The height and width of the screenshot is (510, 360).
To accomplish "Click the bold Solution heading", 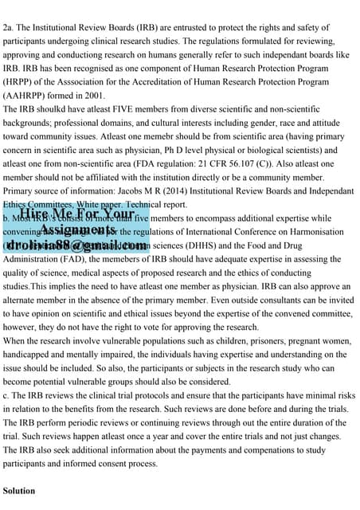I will coord(19,490).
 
